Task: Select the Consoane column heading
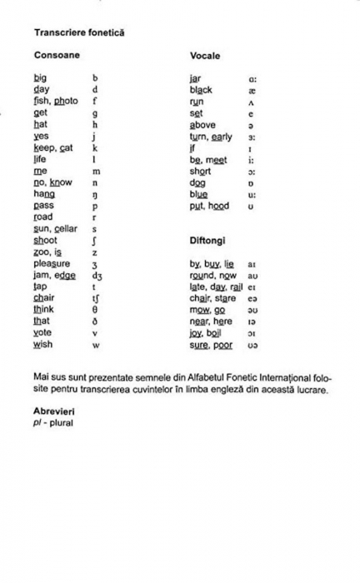click(x=57, y=55)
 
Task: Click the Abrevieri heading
click(x=55, y=411)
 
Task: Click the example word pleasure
click(x=52, y=264)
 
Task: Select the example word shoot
click(x=45, y=241)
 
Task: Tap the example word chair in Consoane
click(x=43, y=298)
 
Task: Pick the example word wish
click(x=42, y=344)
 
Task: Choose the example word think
click(x=43, y=310)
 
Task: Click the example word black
click(x=201, y=90)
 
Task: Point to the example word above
click(x=202, y=125)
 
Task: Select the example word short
click(x=200, y=171)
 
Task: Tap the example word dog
click(x=197, y=182)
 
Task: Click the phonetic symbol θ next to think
click(x=95, y=310)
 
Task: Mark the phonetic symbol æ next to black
click(x=252, y=90)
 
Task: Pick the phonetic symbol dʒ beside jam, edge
click(x=97, y=276)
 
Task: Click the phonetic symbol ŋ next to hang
click(x=95, y=194)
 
